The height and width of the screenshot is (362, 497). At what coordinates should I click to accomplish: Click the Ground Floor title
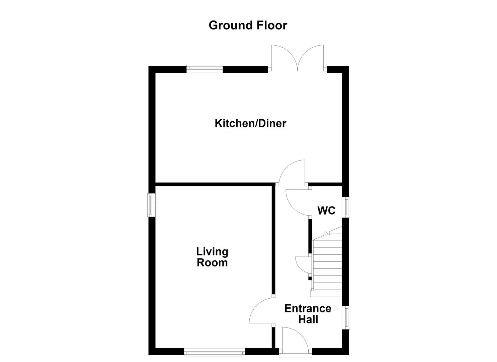coord(248,25)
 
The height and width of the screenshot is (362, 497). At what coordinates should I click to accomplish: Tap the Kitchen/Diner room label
coord(250,123)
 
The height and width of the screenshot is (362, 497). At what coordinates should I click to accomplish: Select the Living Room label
coord(212,257)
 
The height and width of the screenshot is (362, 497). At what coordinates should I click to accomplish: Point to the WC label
coord(326,210)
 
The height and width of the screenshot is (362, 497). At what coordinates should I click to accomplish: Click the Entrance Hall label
coord(308,314)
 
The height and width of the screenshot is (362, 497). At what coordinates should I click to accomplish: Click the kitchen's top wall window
coord(204,69)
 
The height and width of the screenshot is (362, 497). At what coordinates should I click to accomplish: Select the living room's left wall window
coord(152,205)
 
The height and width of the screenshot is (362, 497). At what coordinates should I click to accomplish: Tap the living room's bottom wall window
coord(215,352)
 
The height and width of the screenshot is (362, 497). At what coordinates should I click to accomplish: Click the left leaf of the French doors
coord(283,57)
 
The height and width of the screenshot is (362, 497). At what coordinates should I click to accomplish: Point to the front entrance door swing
coord(295,339)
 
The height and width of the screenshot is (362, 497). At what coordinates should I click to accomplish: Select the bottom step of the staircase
coord(326,294)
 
